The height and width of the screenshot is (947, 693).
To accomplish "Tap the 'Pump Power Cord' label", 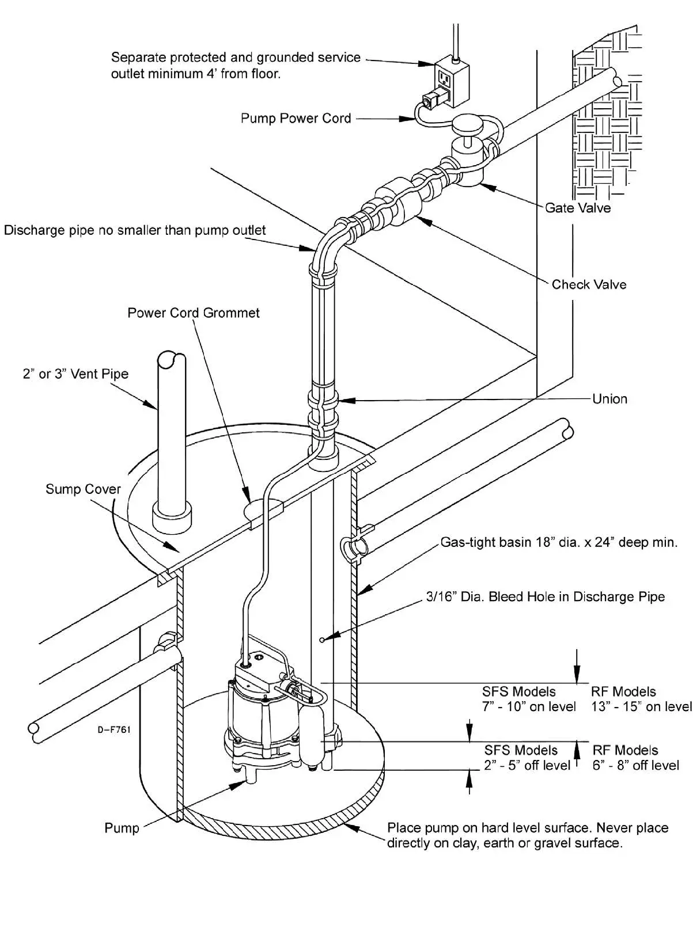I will point(296,119).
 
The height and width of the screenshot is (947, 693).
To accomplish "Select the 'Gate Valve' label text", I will point(578,208).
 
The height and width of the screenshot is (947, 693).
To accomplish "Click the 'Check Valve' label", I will point(589,284).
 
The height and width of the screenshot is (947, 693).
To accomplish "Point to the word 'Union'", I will point(609,399).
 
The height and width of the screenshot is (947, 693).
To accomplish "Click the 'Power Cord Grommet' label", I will point(194,313).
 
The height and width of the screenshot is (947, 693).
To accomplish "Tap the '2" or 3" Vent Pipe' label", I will point(75,374).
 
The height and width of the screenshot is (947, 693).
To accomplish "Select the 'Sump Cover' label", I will point(83,489).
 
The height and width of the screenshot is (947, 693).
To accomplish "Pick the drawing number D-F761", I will point(113,730).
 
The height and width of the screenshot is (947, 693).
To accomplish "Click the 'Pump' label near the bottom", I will point(122,828).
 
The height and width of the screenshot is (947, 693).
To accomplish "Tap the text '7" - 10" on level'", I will point(529,707).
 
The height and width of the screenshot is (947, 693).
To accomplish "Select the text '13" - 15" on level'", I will point(641,707).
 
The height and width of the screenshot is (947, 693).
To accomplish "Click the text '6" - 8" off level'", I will point(635,766).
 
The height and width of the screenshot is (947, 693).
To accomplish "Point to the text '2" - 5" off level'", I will point(527,766).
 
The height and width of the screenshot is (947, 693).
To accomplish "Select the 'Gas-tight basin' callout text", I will point(559,542).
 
